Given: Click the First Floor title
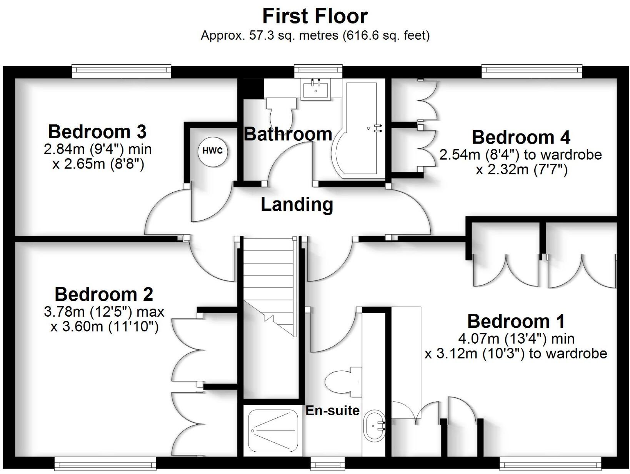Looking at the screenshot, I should coord(315,16).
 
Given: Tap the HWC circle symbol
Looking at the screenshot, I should coord(213,151).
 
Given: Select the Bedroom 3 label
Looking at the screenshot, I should coord(97,132).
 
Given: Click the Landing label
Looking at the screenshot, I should coord(297,204).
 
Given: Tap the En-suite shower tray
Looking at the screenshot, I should coord(273,431).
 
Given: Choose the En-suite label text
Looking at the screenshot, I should coord(332,411).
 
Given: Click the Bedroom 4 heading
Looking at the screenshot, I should coord(521,137).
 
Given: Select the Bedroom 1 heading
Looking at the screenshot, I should coord(516,321).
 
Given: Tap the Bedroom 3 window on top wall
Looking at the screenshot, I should coord(121,70).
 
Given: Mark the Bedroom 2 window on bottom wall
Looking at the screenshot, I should coord(105,464).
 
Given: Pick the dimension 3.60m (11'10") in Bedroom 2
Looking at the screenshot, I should coord(104,327).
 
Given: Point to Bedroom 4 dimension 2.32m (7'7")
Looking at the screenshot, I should coord(522,169).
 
